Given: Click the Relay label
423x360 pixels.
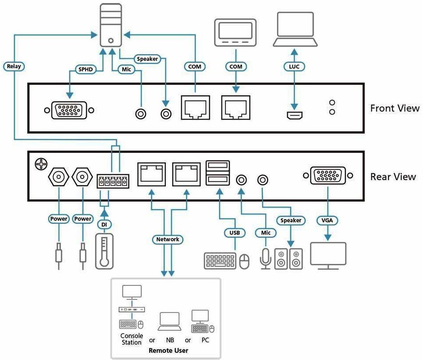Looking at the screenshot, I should [x=14, y=66].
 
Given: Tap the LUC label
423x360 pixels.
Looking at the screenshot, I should [x=294, y=67].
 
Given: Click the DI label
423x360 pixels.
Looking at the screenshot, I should [x=104, y=225].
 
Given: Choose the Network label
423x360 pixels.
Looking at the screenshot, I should [x=168, y=240].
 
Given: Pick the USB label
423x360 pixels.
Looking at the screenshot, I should [x=234, y=232].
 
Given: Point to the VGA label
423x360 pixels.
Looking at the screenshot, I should [x=328, y=220].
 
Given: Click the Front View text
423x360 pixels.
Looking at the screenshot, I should [x=394, y=108].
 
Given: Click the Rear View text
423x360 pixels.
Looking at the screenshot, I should [x=393, y=176].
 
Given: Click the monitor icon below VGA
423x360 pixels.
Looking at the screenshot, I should [x=328, y=255].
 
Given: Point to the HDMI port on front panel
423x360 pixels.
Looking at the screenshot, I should [x=294, y=116].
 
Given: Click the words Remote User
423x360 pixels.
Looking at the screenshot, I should [x=168, y=350].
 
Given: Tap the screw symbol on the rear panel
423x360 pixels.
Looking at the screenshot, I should [x=41, y=164].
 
